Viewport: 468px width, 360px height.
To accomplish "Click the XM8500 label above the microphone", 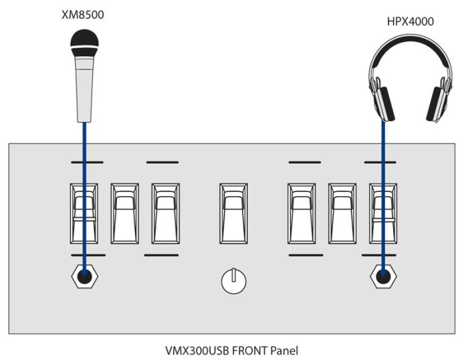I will point(84,13).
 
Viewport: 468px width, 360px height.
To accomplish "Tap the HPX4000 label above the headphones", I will point(410,21).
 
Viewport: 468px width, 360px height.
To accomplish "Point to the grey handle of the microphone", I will point(84,90).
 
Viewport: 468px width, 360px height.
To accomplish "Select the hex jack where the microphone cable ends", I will point(84,276).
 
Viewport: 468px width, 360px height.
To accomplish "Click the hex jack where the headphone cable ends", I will point(383,276).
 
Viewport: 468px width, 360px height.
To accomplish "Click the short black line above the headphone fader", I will point(380,163).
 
